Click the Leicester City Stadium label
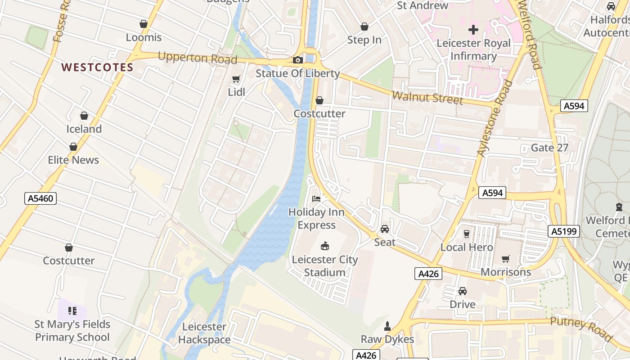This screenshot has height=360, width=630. click(x=324, y=266)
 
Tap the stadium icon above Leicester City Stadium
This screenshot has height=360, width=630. click(x=324, y=246)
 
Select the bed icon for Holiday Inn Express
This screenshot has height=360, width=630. click(x=316, y=198)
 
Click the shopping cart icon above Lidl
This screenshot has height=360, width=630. click(x=236, y=79)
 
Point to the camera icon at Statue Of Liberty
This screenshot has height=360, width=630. click(x=297, y=60)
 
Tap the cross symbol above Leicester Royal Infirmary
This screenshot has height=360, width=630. click(x=473, y=30)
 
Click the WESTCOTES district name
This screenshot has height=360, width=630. click(x=97, y=67)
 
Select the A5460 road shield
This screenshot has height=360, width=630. click(x=40, y=198)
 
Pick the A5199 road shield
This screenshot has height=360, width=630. click(x=564, y=231)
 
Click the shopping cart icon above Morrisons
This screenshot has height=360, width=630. click(x=506, y=259)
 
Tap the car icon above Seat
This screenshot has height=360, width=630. click(x=385, y=229)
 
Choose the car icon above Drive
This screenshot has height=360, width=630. click(x=463, y=291)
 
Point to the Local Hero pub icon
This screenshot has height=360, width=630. click(x=467, y=234)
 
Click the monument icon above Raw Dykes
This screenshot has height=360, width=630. click(x=387, y=325)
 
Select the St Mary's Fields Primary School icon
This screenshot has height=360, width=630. click(x=72, y=311)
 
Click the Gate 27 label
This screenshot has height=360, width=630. click(x=549, y=148)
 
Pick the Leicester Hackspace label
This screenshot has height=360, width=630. click(x=204, y=333)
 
